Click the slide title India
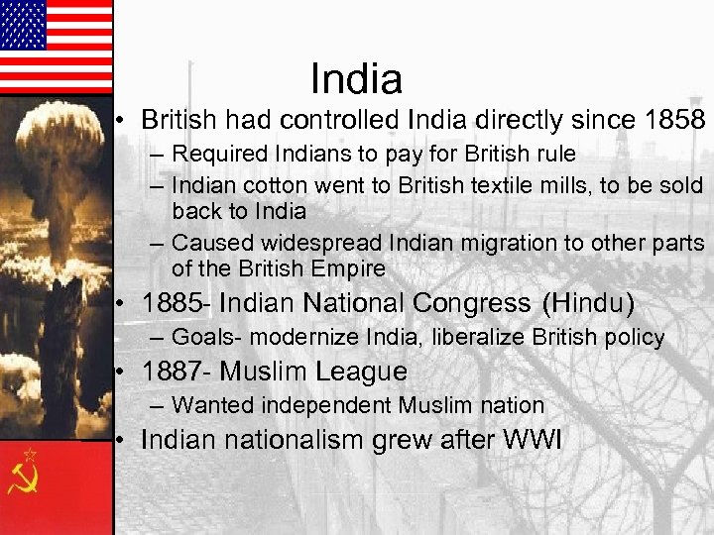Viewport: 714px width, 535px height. (x=356, y=79)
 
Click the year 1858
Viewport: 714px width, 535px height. (x=673, y=121)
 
